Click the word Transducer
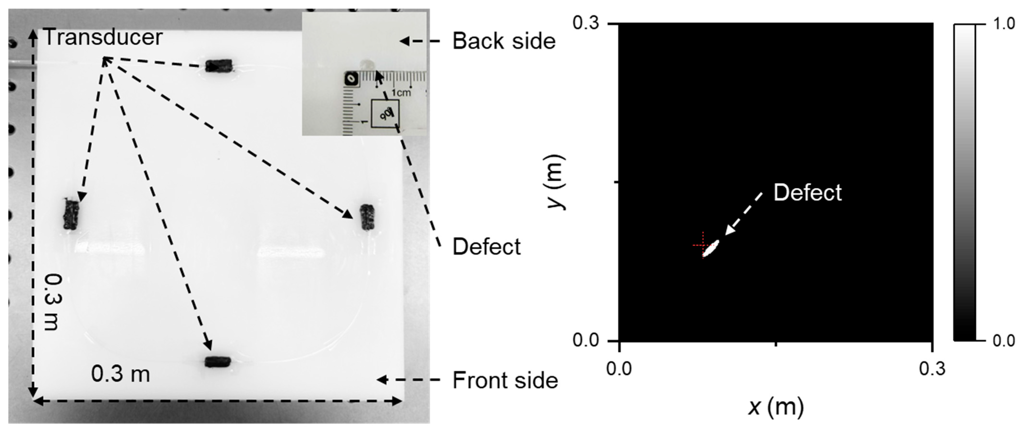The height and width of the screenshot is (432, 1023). point(103,37)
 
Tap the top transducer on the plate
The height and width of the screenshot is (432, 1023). point(218,66)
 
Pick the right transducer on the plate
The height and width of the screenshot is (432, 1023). point(367,217)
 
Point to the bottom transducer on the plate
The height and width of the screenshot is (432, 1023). point(217,362)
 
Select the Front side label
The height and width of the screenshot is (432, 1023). point(505,380)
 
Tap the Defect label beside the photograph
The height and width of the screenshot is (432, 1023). point(486,247)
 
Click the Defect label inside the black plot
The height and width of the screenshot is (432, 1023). point(807,193)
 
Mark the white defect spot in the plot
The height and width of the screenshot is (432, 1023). point(711,248)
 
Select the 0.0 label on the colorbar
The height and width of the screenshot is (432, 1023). point(1004,341)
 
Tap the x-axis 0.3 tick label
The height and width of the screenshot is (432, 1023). point(932,369)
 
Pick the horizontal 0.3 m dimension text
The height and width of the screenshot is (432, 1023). point(120,374)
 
